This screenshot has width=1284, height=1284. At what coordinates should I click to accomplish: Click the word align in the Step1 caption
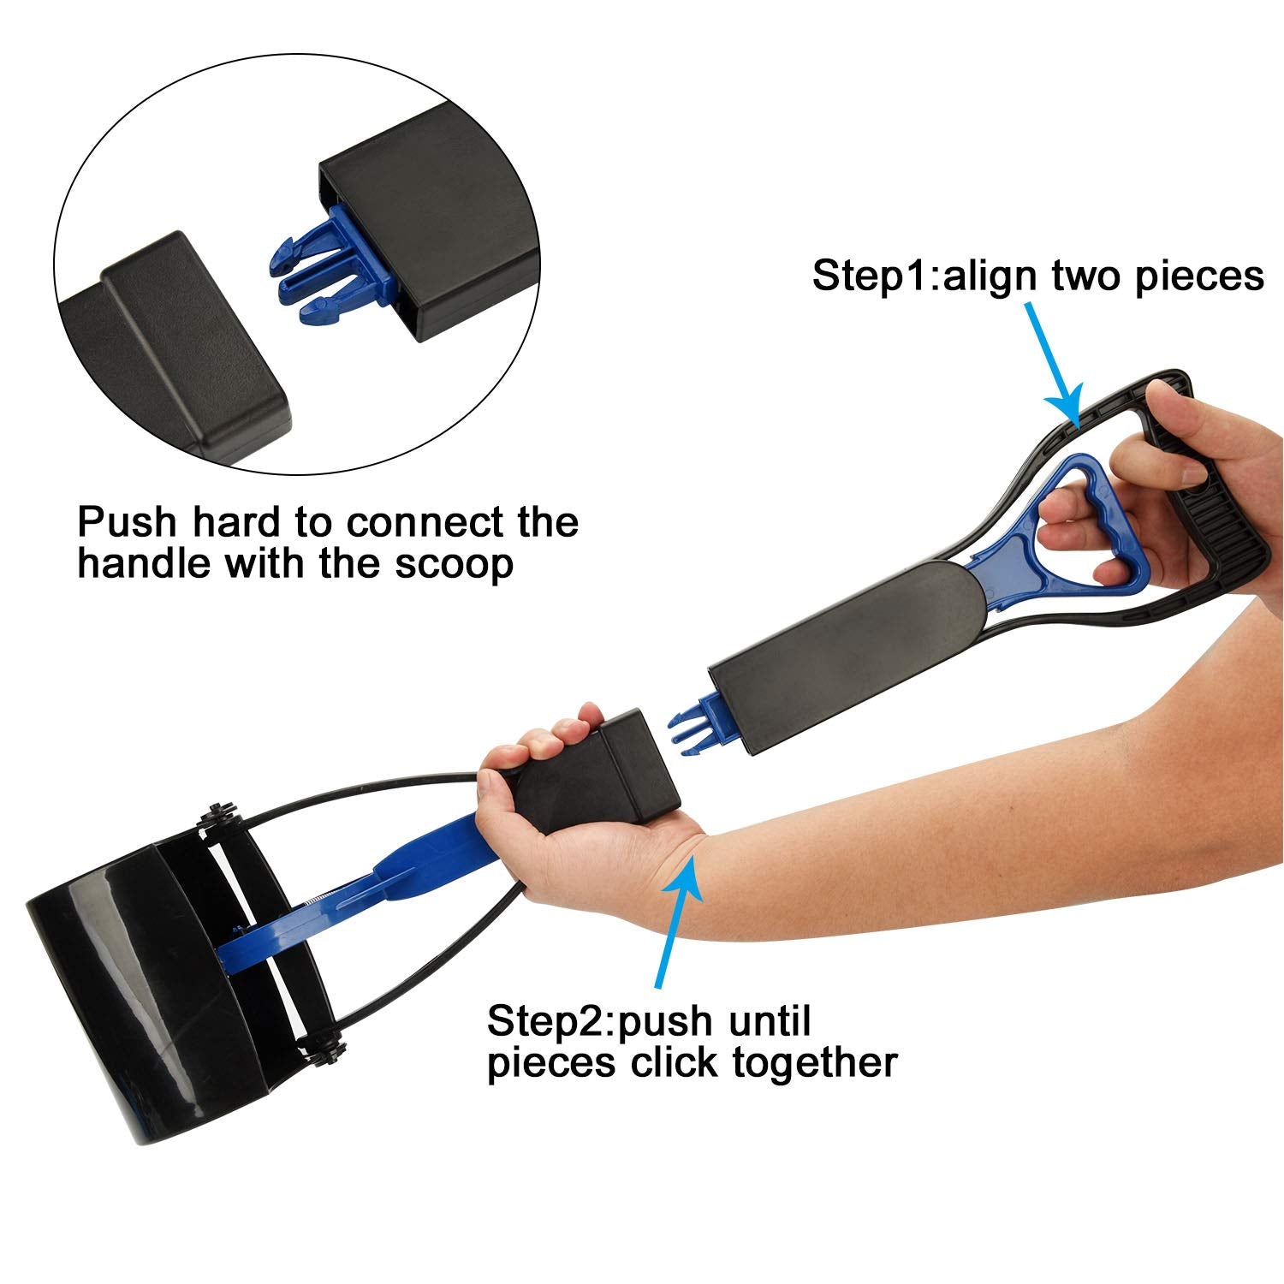click(x=988, y=276)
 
